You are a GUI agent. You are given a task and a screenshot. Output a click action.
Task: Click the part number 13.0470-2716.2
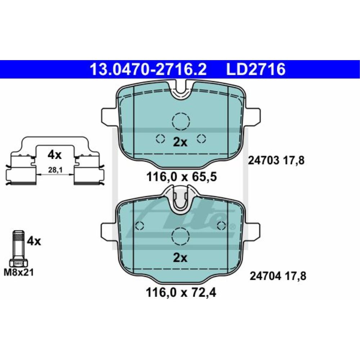pyautogui.click(x=148, y=69)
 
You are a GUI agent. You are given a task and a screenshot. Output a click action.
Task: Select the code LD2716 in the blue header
pyautogui.click(x=255, y=69)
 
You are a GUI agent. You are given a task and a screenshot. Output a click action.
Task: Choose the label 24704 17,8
pyautogui.click(x=277, y=276)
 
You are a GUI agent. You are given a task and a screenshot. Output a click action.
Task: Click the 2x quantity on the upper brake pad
pyautogui.click(x=180, y=142)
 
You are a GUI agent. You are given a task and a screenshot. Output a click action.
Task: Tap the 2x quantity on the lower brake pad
pyautogui.click(x=180, y=258)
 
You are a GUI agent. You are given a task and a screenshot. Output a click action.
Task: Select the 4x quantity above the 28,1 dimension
pyautogui.click(x=55, y=155)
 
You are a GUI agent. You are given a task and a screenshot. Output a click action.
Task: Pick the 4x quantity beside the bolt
pyautogui.click(x=34, y=241)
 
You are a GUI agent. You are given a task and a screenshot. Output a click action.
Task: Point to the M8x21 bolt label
pyautogui.click(x=18, y=273)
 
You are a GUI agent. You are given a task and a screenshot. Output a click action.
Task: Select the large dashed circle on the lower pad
pyautogui.click(x=180, y=237)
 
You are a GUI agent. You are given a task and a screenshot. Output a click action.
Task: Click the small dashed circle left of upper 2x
pyautogui.click(x=160, y=138)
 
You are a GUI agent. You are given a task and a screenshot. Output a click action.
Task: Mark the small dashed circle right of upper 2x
pyautogui.click(x=201, y=138)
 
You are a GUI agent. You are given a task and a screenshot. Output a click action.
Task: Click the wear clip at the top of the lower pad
pyautogui.click(x=180, y=199)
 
